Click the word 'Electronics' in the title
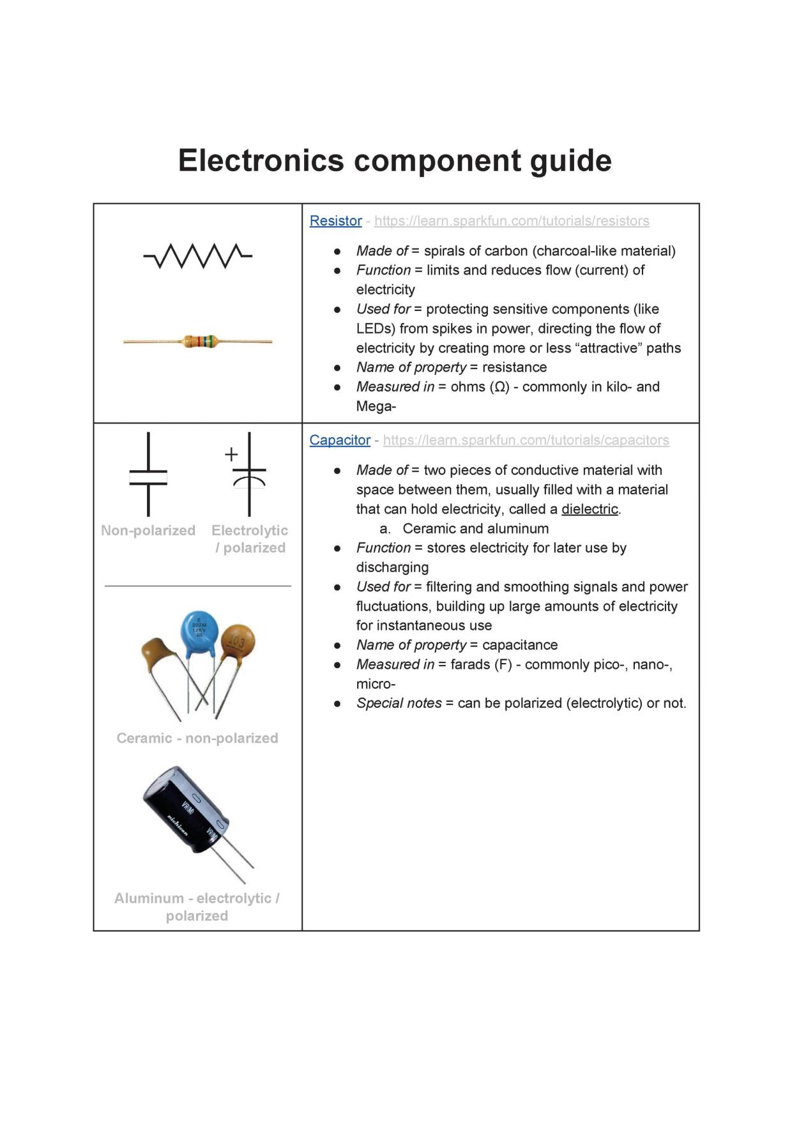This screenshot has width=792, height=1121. click(261, 160)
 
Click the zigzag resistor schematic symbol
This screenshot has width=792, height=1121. click(198, 256)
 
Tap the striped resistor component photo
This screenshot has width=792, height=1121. click(198, 342)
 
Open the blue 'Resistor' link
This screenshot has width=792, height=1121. click(335, 221)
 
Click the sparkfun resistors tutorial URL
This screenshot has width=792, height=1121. click(512, 221)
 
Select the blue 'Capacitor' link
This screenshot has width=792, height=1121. click(340, 440)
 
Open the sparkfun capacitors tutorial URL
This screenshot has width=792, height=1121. click(526, 440)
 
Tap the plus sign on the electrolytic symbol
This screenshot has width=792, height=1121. click(231, 454)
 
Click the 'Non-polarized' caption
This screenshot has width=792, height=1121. click(148, 530)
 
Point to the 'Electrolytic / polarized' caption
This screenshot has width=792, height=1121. click(250, 538)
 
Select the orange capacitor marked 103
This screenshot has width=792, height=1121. click(238, 642)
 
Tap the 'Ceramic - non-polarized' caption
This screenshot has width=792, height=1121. click(197, 738)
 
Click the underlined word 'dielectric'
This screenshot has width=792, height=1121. click(590, 509)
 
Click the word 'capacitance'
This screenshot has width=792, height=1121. click(520, 645)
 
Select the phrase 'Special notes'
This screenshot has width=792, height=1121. click(399, 703)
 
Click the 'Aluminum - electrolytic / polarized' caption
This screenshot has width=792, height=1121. click(197, 907)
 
